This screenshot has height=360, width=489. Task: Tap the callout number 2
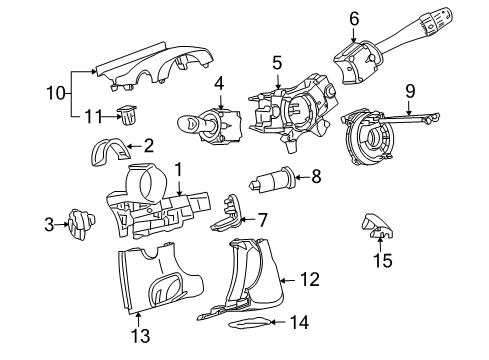147,145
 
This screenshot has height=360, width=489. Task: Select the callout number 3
48,225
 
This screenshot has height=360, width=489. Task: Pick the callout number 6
354,18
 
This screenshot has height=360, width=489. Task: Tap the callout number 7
263,219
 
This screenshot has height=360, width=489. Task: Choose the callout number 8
316,178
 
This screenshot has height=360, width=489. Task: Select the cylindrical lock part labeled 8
274,182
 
